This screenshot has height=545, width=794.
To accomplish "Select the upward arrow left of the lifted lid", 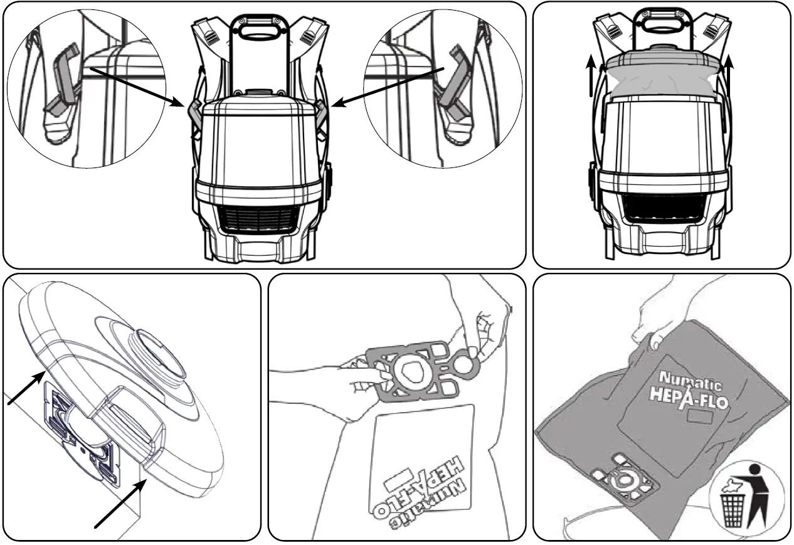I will (x=591, y=76).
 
